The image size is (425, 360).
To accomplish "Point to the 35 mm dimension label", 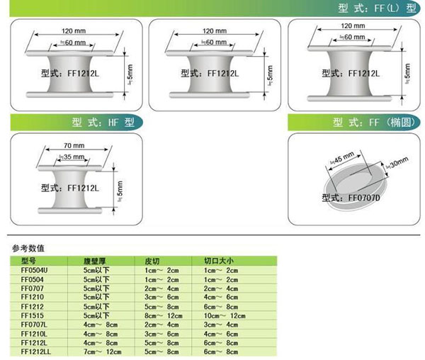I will (x=72, y=156).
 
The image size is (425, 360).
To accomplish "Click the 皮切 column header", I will (x=152, y=260).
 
